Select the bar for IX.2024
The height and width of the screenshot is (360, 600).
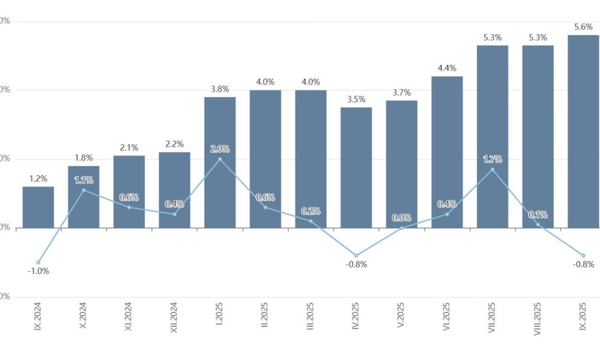pos(38,207)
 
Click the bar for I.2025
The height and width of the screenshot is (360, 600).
pos(220,162)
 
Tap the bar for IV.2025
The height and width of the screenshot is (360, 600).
pos(356,167)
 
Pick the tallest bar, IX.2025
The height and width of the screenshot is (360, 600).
pos(583,131)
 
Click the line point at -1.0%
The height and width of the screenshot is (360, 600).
pos(38,262)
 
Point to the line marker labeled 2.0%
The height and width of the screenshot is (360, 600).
pos(220,159)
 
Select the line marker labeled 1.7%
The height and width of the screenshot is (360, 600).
pos(493,169)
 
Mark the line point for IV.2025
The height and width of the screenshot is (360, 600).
pos(356,256)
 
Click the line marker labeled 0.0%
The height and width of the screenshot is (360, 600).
pos(401,228)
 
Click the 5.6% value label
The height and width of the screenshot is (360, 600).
pos(583,27)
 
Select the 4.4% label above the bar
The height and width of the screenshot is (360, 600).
pos(447,68)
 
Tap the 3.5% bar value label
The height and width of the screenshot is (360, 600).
pos(356,100)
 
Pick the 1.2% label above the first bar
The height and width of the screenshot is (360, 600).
pos(38,178)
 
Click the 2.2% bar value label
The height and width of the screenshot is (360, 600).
pos(175,144)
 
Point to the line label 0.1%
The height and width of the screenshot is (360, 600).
pos(538,214)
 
